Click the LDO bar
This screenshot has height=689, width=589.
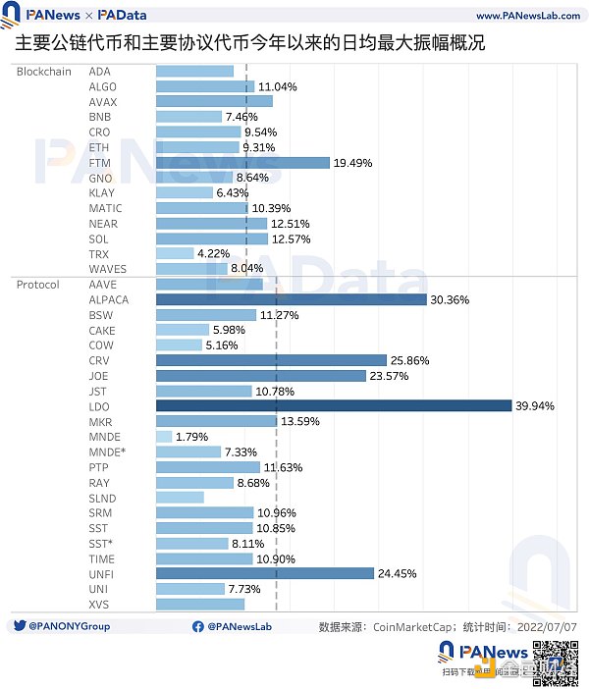pyautogui.click(x=334, y=406)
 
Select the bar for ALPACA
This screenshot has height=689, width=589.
pyautogui.click(x=292, y=299)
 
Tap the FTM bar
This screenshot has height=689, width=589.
pyautogui.click(x=242, y=163)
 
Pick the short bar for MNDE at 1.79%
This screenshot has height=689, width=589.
pyautogui.click(x=164, y=437)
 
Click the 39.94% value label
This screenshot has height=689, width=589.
pyautogui.click(x=535, y=406)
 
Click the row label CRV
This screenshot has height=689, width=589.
pyautogui.click(x=99, y=361)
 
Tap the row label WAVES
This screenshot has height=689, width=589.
pyautogui.click(x=107, y=269)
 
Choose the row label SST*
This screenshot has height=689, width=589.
pyautogui.click(x=100, y=544)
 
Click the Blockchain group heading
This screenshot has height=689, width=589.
pyautogui.click(x=44, y=72)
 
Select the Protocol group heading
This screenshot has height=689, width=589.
pyautogui.click(x=38, y=285)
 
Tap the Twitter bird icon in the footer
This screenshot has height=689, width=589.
pyautogui.click(x=20, y=626)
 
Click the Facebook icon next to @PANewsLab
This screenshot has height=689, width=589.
pyautogui.click(x=199, y=626)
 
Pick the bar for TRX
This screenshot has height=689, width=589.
pyautogui.click(x=175, y=254)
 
